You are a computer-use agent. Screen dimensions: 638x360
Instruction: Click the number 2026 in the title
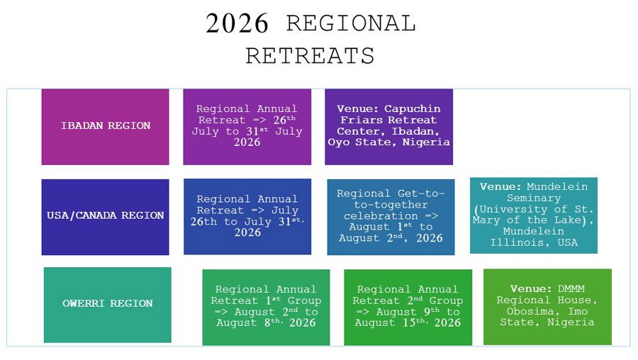coord(237,23)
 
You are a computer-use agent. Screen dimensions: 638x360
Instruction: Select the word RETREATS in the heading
coord(310,56)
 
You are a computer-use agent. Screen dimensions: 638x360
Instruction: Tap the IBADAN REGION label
coord(106,125)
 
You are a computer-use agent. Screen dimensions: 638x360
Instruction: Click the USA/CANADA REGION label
coord(106,215)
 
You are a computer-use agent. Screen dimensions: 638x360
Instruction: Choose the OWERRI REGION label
coord(108,303)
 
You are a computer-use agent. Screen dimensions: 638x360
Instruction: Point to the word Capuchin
coord(412,109)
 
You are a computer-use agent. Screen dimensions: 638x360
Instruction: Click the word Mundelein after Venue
coord(557,186)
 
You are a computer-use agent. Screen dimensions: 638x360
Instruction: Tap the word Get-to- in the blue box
coord(421,193)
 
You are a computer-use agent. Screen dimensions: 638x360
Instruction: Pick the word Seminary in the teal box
coord(534,198)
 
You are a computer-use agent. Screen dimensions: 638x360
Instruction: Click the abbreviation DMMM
coord(571,289)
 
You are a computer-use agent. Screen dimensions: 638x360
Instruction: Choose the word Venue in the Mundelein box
coord(500,186)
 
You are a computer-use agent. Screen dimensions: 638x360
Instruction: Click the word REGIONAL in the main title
coord(351,23)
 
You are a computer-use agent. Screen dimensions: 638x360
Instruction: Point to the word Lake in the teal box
coord(567,220)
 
